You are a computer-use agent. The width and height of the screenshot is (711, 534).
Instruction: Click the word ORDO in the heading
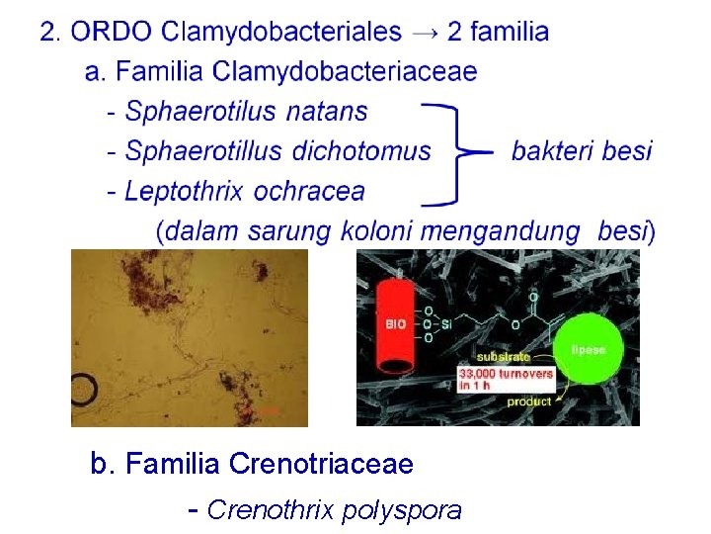coord(113,32)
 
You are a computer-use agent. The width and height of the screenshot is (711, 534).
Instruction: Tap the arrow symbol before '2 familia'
coord(424,32)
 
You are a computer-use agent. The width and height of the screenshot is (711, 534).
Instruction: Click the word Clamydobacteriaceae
coord(345,71)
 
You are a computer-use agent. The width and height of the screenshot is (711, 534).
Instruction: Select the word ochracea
coord(309,191)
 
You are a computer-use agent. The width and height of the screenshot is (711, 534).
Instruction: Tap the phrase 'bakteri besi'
coord(582,151)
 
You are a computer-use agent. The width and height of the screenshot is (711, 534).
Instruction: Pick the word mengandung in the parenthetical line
coord(501,231)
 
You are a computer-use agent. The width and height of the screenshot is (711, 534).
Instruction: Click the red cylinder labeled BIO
coord(396,322)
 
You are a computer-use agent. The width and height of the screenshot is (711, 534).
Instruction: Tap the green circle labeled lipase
coord(600,349)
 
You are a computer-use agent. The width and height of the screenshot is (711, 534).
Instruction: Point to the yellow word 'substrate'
coord(503,356)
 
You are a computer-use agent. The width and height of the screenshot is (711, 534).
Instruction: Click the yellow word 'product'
coord(528,401)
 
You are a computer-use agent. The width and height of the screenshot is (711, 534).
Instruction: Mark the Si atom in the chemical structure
coord(446,322)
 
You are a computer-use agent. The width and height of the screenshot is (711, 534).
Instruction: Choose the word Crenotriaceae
coord(321,463)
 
